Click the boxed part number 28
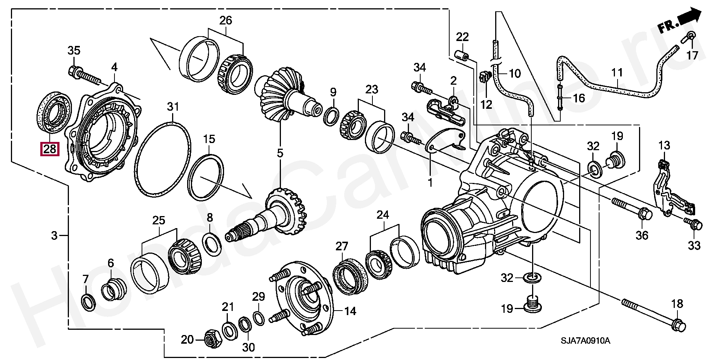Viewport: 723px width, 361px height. click(x=50, y=149)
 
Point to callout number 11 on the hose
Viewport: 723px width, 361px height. click(x=616, y=73)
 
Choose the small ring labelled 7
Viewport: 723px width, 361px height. click(x=88, y=303)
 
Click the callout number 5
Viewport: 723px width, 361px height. click(x=280, y=153)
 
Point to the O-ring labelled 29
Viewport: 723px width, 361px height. click(x=258, y=318)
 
